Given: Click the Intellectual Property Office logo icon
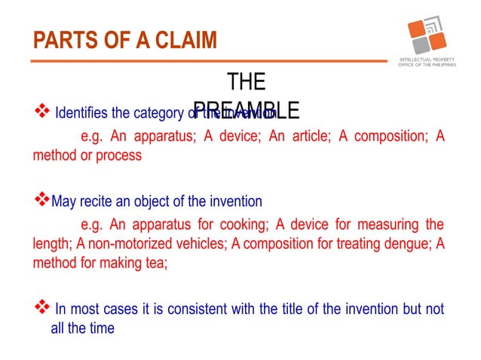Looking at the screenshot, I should click(x=427, y=35).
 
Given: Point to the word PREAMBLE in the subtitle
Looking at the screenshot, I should click(x=247, y=111).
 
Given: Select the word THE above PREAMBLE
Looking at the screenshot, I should click(x=246, y=81).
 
